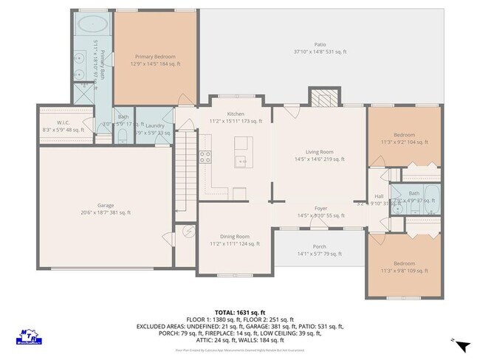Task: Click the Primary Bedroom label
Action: pyautogui.click(x=156, y=56)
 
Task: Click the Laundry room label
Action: pyautogui.click(x=154, y=126)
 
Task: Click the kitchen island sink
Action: pyautogui.click(x=241, y=160)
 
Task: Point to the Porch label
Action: pyautogui.click(x=319, y=246)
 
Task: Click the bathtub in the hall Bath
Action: pyautogui.click(x=430, y=197)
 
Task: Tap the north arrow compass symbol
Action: pyautogui.click(x=462, y=346)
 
